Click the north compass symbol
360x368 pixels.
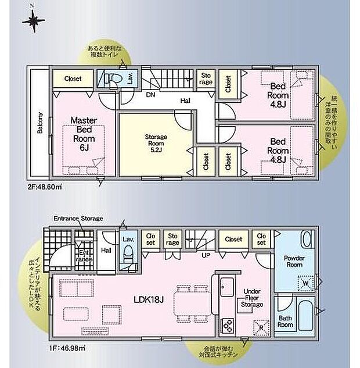33,22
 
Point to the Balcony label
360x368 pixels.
40,123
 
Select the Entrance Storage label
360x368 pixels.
78,219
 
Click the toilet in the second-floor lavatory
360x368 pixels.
114,79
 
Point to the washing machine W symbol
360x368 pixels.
304,284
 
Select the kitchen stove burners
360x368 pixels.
226,325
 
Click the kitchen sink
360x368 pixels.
226,286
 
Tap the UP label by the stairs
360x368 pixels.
206,255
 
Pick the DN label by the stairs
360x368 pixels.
150,94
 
